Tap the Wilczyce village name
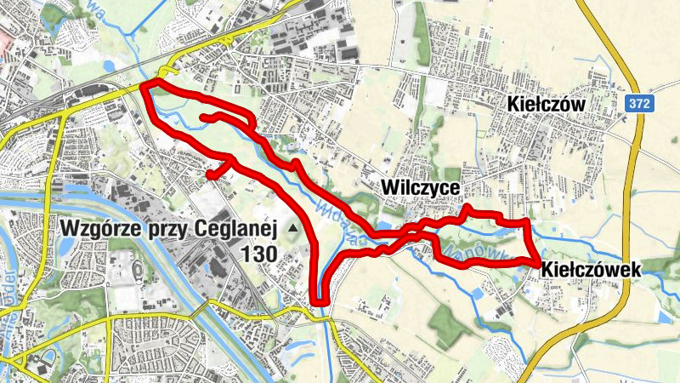[421, 186]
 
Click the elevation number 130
[261, 254]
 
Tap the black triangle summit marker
[293, 228]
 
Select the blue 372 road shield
[641, 103]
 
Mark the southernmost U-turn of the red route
[320, 300]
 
